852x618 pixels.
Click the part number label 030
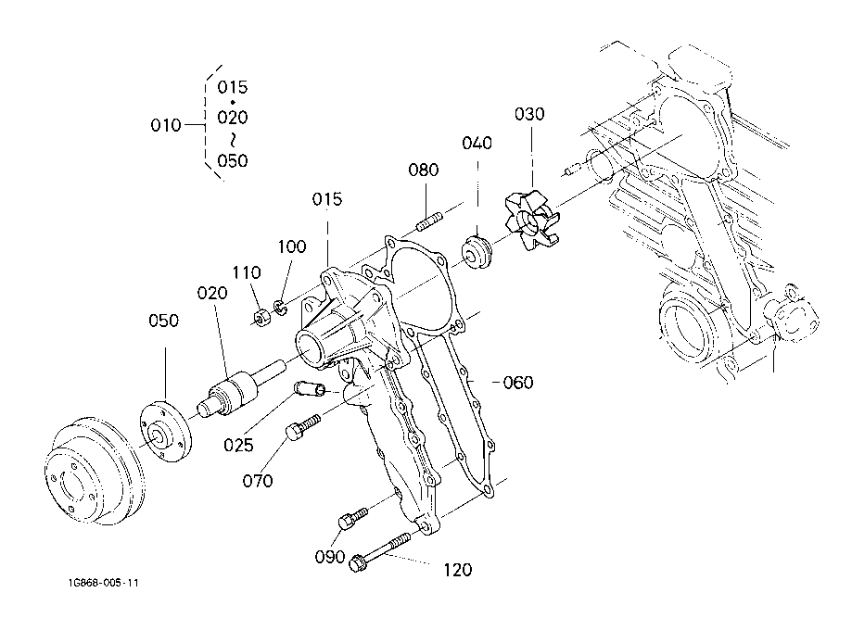click(x=529, y=114)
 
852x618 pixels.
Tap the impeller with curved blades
click(x=532, y=221)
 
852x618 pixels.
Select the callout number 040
click(x=477, y=143)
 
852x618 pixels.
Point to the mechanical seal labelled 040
click(x=477, y=251)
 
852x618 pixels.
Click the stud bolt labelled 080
click(x=430, y=222)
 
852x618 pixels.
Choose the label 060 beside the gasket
click(x=518, y=383)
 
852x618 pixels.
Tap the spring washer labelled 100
click(x=280, y=308)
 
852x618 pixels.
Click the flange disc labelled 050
click(x=166, y=431)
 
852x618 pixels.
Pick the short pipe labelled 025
click(x=310, y=388)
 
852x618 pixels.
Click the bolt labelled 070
click(x=303, y=427)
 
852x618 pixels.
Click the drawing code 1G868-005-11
click(x=103, y=583)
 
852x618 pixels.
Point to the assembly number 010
click(x=166, y=125)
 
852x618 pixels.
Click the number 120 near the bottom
click(x=457, y=570)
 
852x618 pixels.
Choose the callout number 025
click(x=238, y=446)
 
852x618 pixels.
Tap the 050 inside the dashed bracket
click(x=233, y=160)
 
